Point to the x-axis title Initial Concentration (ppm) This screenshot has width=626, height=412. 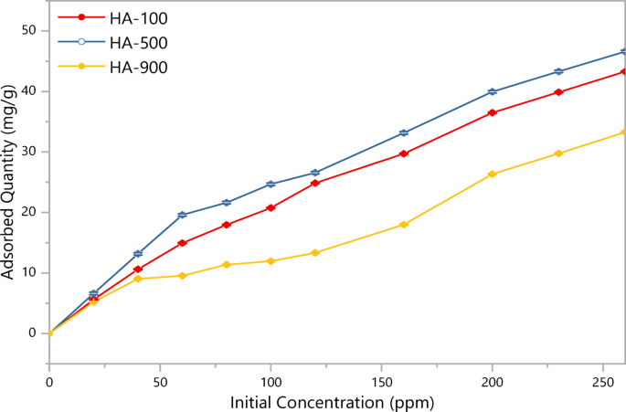point(332,401)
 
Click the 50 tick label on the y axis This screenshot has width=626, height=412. point(29,30)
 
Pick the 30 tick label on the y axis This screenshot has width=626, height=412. point(29,152)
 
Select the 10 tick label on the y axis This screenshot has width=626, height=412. point(29,272)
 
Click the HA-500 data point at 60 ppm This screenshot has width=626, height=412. point(182,215)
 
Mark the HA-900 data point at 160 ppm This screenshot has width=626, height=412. point(404,225)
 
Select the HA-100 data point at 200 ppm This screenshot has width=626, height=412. point(493,112)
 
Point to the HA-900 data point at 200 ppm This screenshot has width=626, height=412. point(493,174)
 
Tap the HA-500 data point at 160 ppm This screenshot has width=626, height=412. point(404,133)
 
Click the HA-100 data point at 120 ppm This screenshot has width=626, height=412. point(315,183)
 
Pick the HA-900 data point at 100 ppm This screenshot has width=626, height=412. point(271,261)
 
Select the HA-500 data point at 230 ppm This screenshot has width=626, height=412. point(558,71)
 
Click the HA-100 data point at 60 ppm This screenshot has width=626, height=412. point(182,243)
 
